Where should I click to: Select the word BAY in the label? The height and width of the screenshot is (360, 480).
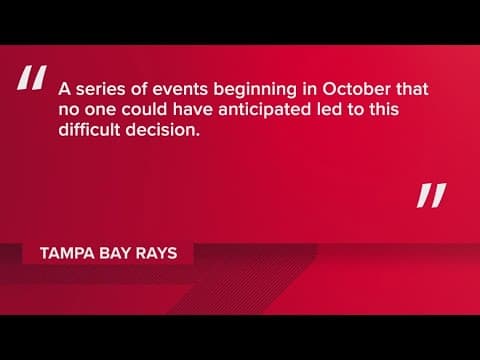(x=116, y=253)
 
